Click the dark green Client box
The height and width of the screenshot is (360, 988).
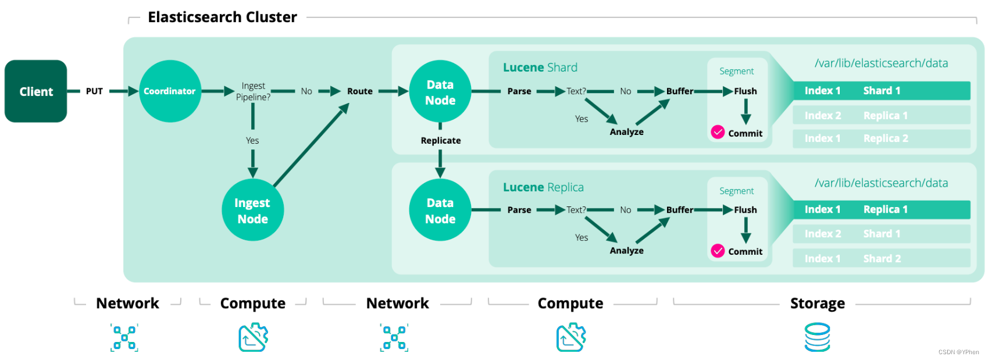click(x=36, y=91)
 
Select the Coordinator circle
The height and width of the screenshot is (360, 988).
click(x=170, y=91)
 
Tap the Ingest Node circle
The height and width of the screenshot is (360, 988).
click(x=252, y=211)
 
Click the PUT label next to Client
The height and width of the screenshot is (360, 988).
click(x=94, y=91)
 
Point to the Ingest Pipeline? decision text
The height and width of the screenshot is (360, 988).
click(x=253, y=91)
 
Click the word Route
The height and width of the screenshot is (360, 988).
click(x=359, y=91)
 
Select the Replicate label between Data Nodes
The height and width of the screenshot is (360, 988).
click(x=440, y=141)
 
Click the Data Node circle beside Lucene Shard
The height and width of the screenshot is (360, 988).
click(x=440, y=92)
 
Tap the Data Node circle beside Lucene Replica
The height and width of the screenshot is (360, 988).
click(x=440, y=211)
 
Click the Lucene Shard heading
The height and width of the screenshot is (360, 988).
click(x=540, y=67)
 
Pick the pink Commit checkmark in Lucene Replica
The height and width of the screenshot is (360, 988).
click(x=718, y=251)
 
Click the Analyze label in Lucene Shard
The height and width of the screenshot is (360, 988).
click(x=626, y=132)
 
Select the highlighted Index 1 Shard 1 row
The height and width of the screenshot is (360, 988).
click(x=881, y=91)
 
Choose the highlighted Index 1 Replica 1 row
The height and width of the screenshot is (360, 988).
click(x=881, y=209)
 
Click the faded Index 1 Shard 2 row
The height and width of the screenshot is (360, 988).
click(x=881, y=259)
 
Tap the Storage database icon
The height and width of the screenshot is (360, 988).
click(x=817, y=338)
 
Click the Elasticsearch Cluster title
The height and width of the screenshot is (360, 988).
click(x=222, y=17)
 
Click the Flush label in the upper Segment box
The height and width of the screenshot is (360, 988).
click(x=745, y=91)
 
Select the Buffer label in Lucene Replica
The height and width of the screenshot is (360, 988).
click(x=679, y=210)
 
